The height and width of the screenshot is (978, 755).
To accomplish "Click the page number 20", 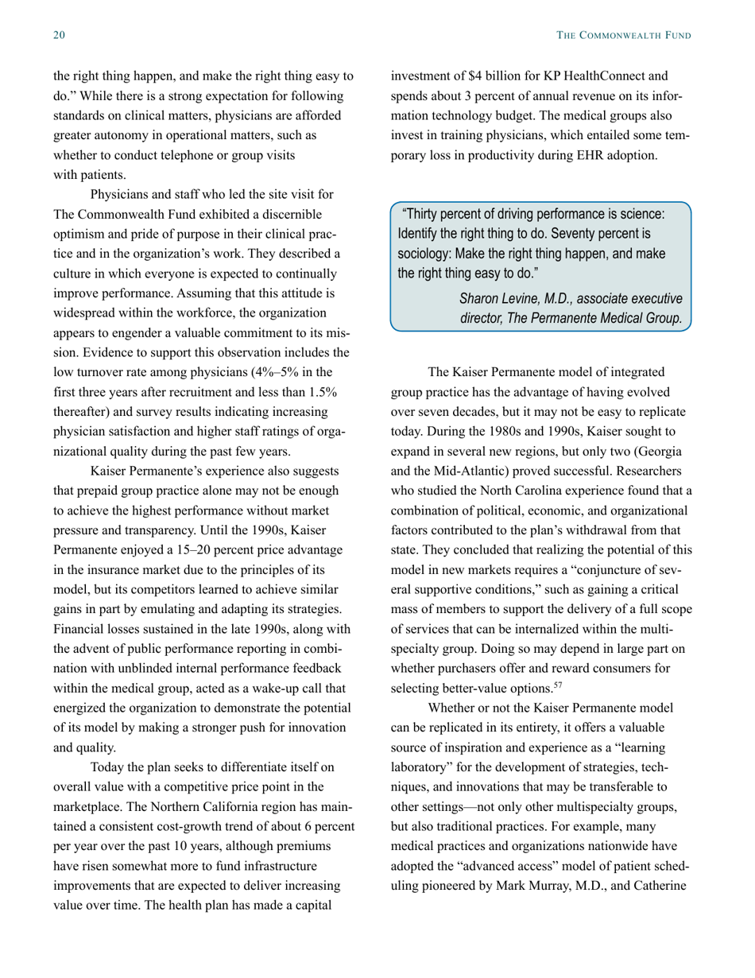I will (59, 36).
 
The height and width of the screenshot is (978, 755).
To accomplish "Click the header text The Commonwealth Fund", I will (625, 36).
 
